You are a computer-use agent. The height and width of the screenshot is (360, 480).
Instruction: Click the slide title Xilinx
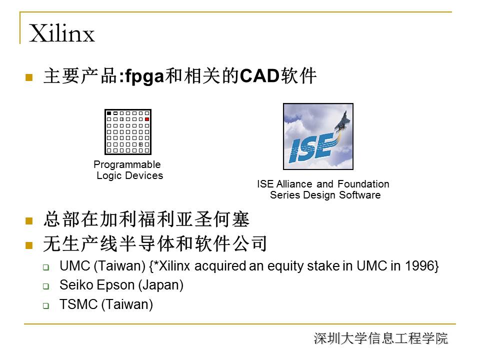[62, 33]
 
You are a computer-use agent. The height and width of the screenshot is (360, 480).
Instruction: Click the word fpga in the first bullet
[144, 76]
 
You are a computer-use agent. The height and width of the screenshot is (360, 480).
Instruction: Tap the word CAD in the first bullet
[259, 75]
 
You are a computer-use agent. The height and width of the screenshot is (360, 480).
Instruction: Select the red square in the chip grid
[147, 119]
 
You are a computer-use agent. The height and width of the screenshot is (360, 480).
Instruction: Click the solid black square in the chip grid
[109, 113]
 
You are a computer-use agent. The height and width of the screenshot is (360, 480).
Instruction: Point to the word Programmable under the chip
[127, 164]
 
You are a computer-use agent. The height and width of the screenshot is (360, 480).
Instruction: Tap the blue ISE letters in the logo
[310, 149]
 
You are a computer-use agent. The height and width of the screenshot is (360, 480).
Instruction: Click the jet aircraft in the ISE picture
[343, 121]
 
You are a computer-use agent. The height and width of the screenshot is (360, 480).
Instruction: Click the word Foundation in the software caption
[363, 184]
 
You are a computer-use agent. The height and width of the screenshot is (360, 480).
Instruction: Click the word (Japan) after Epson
[161, 285]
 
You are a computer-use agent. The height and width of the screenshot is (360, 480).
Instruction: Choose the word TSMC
[78, 304]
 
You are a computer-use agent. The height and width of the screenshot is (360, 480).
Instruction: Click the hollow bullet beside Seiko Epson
[46, 286]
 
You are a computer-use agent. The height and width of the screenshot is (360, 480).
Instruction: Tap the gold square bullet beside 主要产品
[29, 77]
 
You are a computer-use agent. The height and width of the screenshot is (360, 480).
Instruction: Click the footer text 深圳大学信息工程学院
[381, 338]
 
